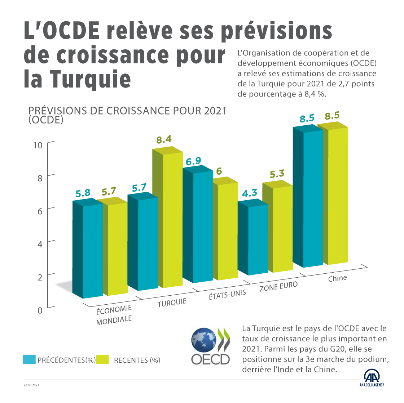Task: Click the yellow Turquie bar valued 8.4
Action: point(168,220)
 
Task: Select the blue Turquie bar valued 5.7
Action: point(144,243)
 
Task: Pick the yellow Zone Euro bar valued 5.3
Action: point(277,229)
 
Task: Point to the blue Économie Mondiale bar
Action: point(89,250)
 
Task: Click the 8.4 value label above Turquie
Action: point(164,140)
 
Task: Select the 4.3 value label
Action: point(250,193)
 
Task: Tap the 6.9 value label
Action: point(194,161)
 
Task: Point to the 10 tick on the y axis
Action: point(38,145)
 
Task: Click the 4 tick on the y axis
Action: point(40,244)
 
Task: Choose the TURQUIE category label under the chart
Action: point(172,303)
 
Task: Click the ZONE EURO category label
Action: point(278,287)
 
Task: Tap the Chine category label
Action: point(337,278)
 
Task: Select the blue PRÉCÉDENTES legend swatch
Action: point(29,359)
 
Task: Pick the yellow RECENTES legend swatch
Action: point(102,359)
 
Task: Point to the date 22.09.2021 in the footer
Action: point(31,385)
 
